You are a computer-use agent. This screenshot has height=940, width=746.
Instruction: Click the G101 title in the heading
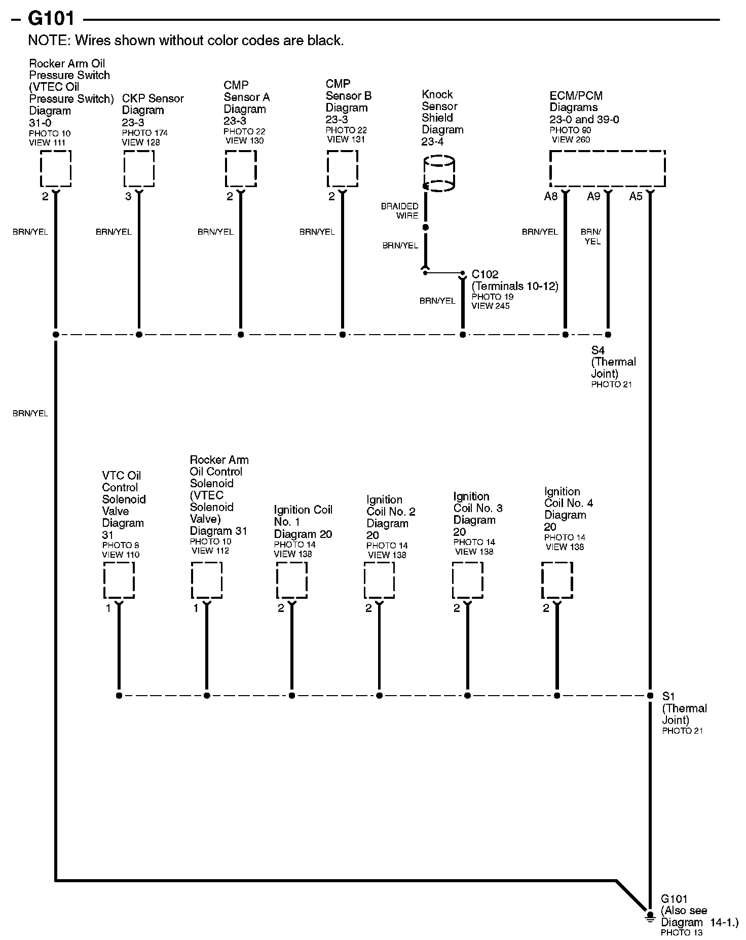coord(51,19)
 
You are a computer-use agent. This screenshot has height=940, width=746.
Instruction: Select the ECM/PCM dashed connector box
coord(607,169)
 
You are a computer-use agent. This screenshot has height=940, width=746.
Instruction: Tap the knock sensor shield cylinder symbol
coord(439,173)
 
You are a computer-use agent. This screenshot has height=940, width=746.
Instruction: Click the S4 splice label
coord(598,350)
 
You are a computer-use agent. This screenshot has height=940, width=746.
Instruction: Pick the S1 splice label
coord(668,697)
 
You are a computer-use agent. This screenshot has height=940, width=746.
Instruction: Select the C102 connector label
coord(485,274)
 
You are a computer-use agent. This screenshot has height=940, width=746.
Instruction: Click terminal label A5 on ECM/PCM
coord(636,197)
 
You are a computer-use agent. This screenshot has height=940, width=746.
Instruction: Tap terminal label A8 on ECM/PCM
coord(550,197)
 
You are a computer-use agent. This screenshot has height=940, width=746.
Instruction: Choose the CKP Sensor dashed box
coord(139,169)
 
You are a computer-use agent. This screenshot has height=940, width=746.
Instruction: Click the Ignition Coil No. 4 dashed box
coord(557,581)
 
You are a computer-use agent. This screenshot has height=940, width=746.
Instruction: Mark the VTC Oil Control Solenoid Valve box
coord(119,581)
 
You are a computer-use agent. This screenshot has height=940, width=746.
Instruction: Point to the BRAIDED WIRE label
coord(400,211)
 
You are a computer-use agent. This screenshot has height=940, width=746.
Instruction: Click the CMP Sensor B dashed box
coord(343,169)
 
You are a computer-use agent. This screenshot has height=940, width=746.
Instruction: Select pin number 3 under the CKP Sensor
coord(128,197)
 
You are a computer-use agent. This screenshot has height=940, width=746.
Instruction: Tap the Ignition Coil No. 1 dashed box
coord(292,581)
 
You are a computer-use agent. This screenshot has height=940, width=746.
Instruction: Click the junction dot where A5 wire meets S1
coord(650,696)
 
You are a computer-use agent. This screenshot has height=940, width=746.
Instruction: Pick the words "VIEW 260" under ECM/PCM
coord(571,139)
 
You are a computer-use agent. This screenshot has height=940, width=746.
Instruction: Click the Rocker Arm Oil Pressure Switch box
coord(56,169)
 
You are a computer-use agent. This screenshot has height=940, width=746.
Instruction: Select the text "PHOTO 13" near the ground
coord(682,932)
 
